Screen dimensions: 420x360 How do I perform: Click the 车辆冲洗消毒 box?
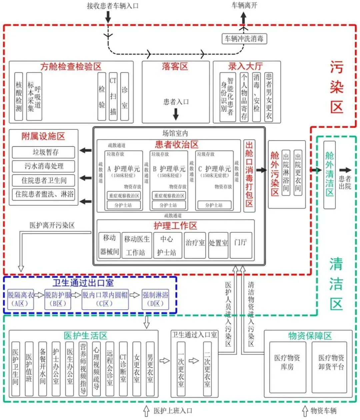coord(244,39)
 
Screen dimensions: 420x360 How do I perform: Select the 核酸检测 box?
coord(19,96)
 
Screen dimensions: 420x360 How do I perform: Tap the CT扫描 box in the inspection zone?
coord(113,96)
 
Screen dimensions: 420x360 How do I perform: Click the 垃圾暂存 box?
coord(43,152)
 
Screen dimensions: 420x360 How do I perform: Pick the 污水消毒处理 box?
coord(43,166)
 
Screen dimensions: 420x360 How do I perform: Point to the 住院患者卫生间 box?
coord(43,180)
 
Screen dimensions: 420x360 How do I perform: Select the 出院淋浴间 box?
coord(286,172)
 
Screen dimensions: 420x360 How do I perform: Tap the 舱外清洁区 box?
coord(329,174)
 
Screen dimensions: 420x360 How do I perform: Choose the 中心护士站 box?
coord(166,246)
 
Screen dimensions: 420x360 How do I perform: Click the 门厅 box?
coord(241,246)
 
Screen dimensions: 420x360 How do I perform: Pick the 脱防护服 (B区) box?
coord(58,299)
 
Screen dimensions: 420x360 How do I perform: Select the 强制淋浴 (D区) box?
coord(155,299)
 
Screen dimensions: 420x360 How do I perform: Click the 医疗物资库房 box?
coord(287,367)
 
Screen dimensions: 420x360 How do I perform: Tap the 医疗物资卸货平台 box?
coord(331,367)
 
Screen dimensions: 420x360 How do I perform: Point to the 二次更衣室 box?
coord(207,369)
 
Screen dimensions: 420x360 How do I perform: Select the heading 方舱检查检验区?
coord(71,66)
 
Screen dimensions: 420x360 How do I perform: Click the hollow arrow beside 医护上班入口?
coord(146,411)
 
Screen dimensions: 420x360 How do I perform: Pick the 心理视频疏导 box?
coord(96,369)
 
